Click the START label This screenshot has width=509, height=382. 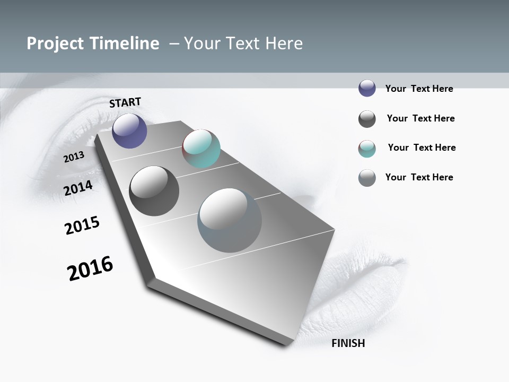[125, 102]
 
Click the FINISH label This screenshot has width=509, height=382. [348, 343]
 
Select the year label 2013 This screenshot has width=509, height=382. [74, 157]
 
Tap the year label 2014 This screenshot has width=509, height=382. [78, 187]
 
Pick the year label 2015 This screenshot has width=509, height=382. [82, 225]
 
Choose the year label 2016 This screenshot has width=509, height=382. [90, 268]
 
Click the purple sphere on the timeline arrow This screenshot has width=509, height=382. [129, 131]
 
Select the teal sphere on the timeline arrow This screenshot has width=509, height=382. [201, 149]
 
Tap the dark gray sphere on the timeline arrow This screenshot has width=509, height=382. [154, 191]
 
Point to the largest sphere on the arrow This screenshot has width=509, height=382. [229, 220]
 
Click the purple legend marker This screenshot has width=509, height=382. [367, 88]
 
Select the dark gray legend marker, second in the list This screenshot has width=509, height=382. [367, 119]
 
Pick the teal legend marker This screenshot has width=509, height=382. [367, 149]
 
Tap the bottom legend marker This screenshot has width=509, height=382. [367, 178]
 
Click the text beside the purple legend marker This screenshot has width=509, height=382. [419, 89]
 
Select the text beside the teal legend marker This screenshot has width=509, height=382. [422, 147]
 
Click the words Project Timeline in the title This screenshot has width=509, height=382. [93, 44]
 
